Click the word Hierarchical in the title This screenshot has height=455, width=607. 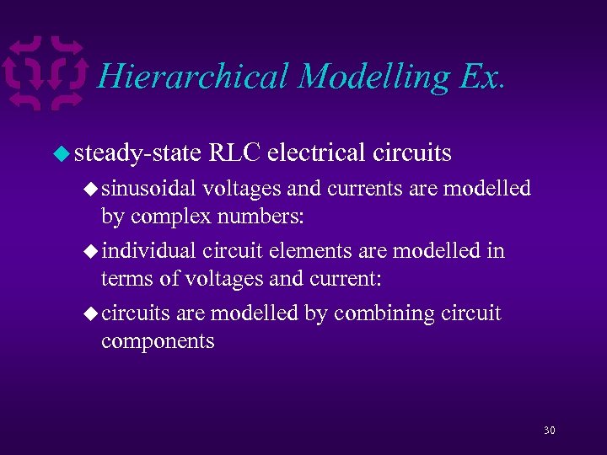(193, 77)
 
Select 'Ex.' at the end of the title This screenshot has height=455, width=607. (481, 77)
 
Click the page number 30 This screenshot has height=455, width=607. (550, 431)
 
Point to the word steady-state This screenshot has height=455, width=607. (137, 153)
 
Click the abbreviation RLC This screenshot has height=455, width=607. (235, 153)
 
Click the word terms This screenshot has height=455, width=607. (122, 278)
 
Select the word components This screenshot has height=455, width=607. (158, 341)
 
